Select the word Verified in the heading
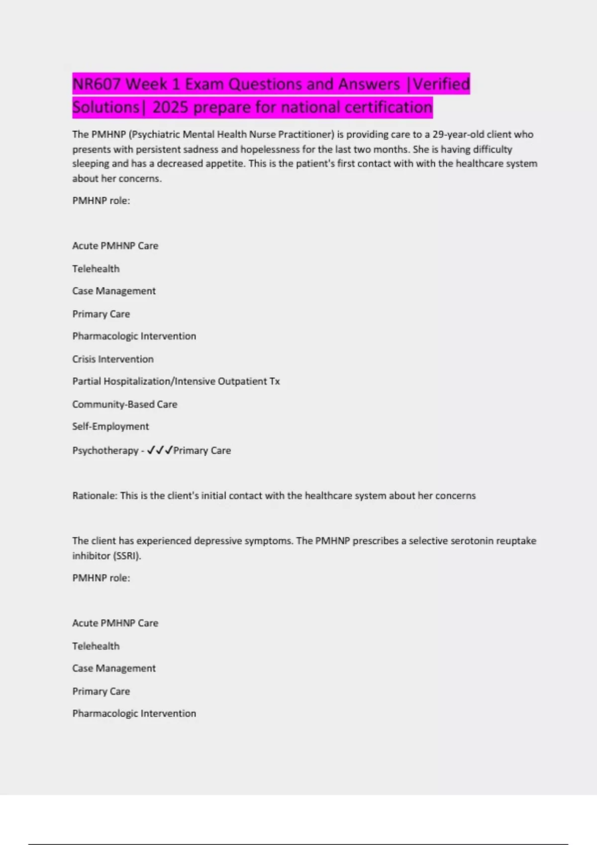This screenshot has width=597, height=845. click(x=441, y=84)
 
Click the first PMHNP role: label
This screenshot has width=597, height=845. click(x=101, y=201)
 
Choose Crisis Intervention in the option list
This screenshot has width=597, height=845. click(x=113, y=359)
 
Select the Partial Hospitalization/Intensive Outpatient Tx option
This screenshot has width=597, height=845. click(x=176, y=381)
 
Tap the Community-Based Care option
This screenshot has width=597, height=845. click(x=125, y=404)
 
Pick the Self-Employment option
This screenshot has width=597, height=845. click(x=110, y=426)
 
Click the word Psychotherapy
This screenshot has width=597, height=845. click(x=105, y=450)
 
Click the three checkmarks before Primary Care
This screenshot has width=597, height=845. click(x=160, y=450)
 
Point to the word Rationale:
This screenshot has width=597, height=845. click(x=95, y=496)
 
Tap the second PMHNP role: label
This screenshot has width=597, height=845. click(x=101, y=578)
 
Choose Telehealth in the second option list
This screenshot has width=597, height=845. click(x=96, y=646)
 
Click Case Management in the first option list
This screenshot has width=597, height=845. click(x=114, y=291)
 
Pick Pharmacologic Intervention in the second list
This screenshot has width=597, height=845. click(x=134, y=713)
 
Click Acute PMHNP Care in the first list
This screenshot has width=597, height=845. click(x=115, y=246)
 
